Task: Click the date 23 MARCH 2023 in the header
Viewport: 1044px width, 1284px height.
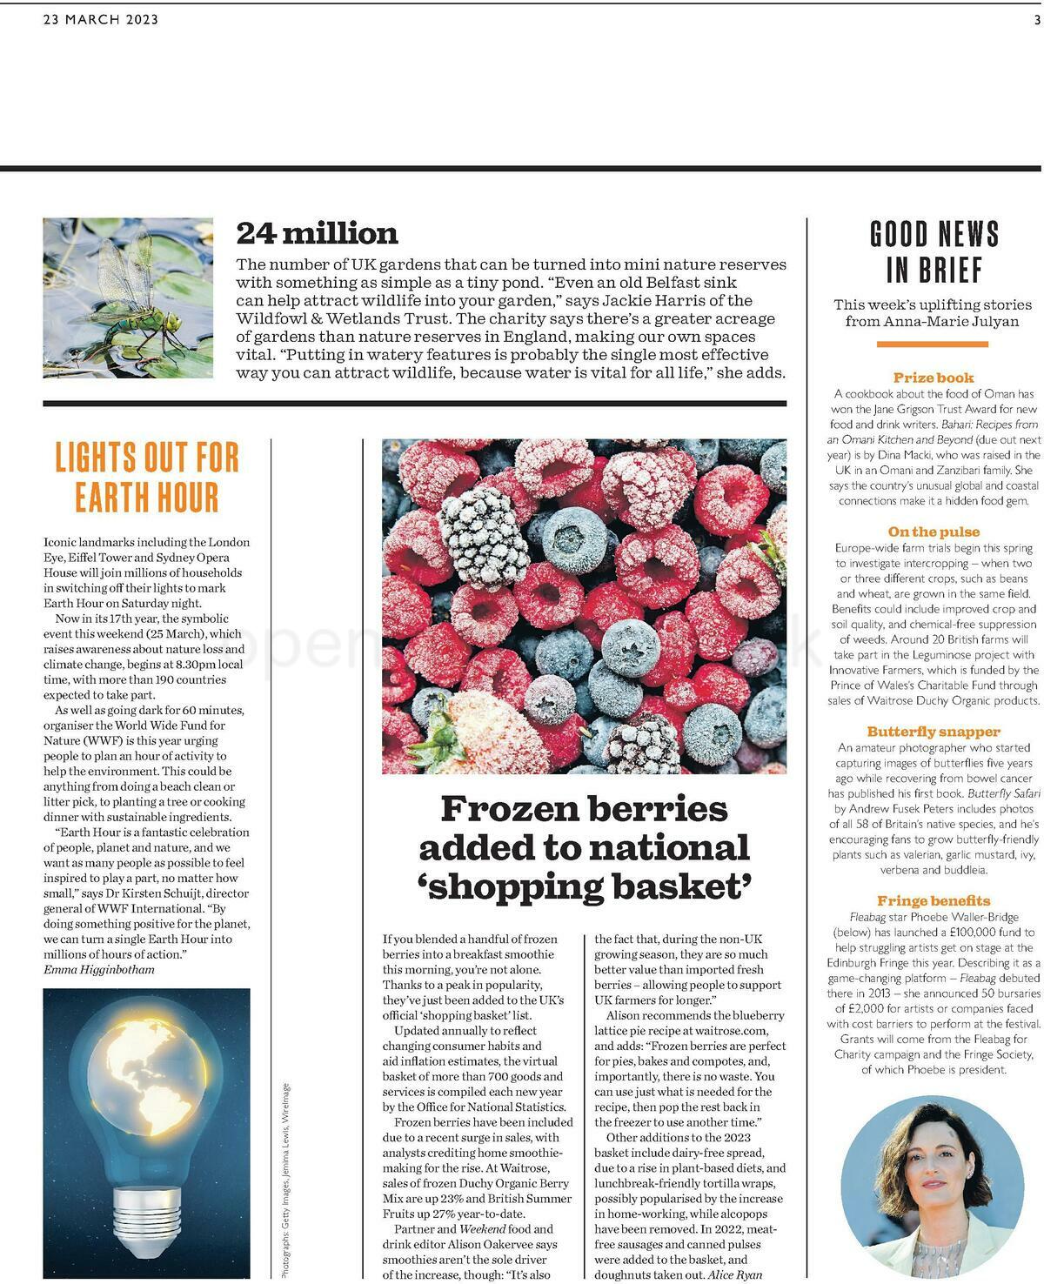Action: (101, 20)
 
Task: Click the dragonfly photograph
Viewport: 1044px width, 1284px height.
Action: (128, 298)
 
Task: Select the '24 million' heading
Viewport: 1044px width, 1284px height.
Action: (317, 233)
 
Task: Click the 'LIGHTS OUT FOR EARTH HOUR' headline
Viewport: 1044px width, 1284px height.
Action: (146, 477)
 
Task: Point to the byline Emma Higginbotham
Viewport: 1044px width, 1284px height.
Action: (99, 969)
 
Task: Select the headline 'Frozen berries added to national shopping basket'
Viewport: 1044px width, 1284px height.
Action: (584, 846)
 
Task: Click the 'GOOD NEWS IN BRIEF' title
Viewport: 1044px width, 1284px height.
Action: (934, 251)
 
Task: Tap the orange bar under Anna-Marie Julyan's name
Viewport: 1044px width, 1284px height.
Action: (933, 344)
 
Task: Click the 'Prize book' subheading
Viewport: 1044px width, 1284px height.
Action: (934, 378)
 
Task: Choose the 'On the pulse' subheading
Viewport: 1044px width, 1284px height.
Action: (934, 532)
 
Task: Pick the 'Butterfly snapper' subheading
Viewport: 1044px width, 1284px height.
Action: (934, 732)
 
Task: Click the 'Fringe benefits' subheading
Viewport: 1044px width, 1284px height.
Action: (934, 900)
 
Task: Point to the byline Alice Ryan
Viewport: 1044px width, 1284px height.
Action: (735, 1274)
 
